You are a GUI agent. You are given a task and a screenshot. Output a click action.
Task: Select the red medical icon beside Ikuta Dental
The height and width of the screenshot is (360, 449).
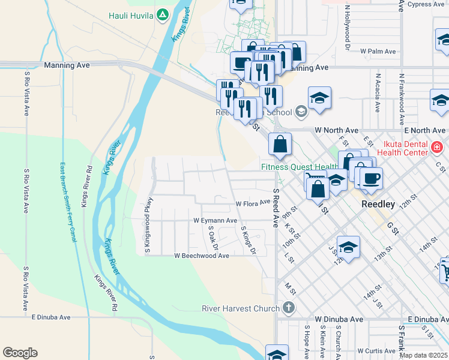437,146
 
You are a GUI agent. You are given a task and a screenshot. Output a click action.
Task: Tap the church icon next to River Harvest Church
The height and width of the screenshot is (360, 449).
289,308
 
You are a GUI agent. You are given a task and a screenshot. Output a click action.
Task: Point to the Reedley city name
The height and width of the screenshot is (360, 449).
378,204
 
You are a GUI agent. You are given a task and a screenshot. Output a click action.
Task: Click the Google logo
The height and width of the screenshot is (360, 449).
20,353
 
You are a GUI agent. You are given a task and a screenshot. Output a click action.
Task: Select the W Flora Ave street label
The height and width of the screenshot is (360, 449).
253,204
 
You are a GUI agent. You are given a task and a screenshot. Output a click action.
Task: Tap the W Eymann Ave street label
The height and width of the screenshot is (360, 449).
215,221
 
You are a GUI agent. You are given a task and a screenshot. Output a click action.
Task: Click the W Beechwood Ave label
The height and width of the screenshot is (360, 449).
202,256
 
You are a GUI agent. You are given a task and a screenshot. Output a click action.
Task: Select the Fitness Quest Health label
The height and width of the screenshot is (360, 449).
300,167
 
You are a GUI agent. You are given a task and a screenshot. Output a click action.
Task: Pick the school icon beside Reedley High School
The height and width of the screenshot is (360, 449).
301,112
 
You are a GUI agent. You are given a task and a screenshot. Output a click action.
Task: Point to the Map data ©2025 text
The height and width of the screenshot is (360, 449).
423,355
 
